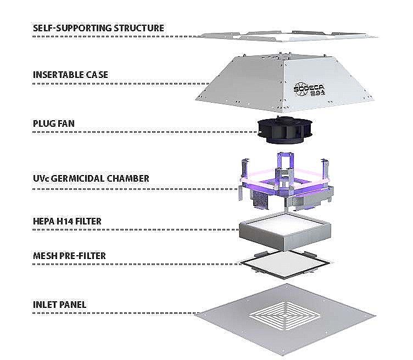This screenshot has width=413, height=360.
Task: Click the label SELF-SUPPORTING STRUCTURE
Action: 98,28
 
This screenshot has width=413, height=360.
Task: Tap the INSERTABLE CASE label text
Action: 70,75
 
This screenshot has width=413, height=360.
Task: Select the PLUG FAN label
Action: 54,123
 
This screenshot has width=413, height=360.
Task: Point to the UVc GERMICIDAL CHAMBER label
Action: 91,178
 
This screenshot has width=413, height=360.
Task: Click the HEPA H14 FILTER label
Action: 67,221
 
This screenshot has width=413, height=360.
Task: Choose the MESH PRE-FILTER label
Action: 69,256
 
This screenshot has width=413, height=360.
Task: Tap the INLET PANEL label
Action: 59,305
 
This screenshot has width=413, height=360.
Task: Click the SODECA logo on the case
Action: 310,89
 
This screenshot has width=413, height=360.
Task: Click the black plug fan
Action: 285,131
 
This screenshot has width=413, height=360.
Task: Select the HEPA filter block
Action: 284,230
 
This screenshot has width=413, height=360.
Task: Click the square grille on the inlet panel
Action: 285,316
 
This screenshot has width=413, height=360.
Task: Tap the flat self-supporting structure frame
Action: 286,37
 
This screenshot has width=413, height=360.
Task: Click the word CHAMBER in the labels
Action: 128,178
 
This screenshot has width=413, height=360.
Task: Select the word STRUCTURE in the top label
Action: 139,28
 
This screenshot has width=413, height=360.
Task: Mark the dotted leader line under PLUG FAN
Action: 145,132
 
